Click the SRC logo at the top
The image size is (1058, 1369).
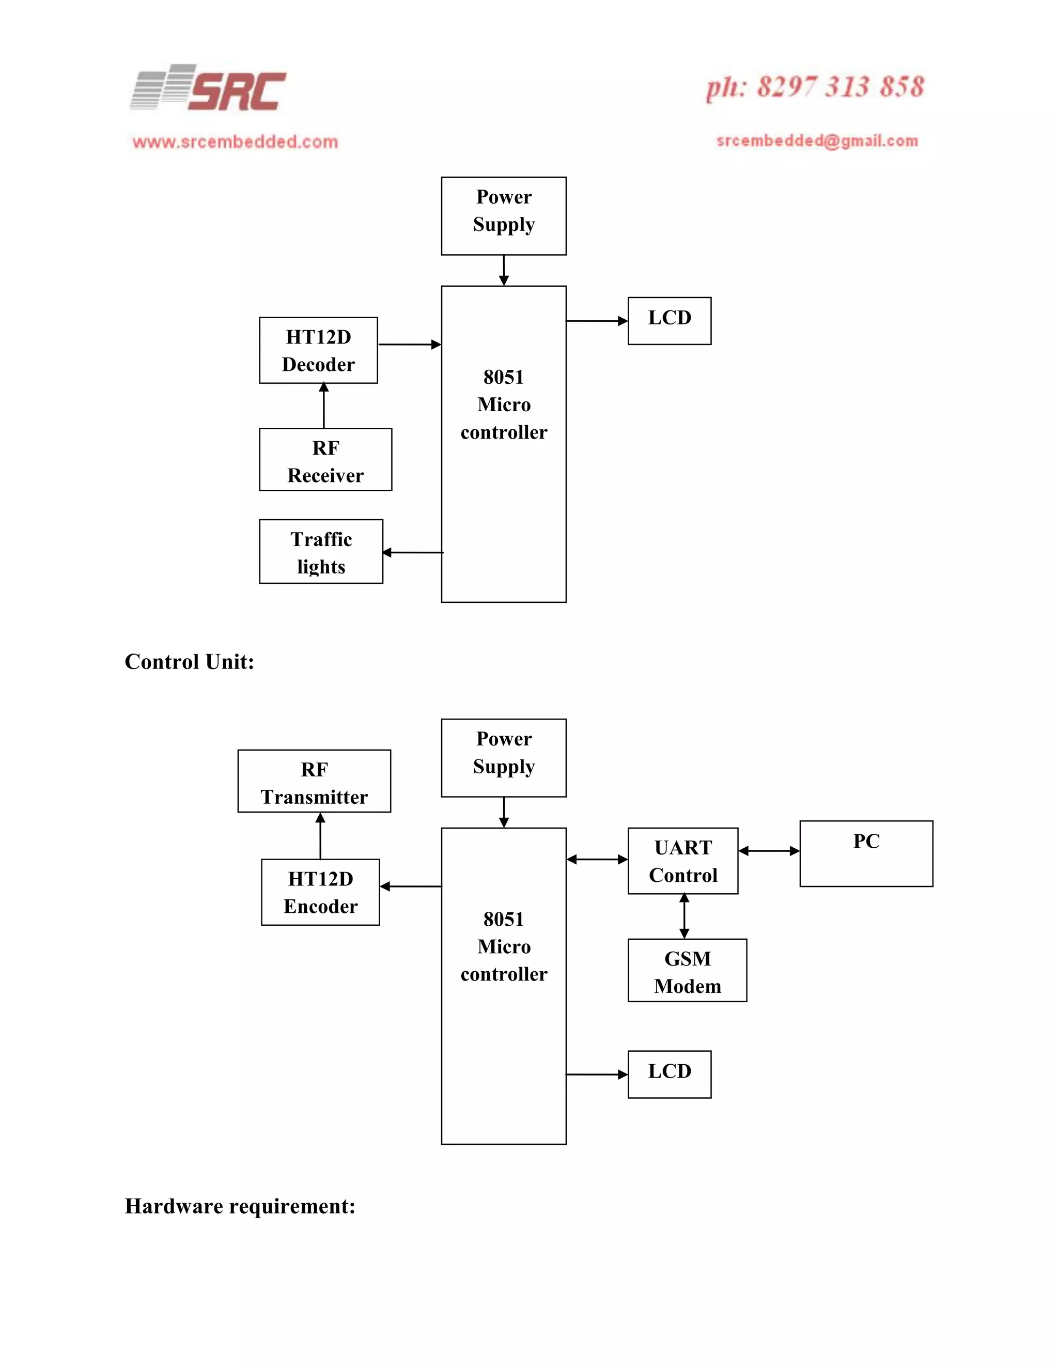click(x=209, y=88)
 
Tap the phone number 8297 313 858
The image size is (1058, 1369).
click(x=815, y=87)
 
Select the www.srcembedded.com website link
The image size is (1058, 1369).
click(x=235, y=142)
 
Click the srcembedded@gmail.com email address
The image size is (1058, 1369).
click(x=817, y=141)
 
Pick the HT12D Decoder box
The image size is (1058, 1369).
click(x=318, y=350)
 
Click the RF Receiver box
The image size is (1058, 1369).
click(x=325, y=459)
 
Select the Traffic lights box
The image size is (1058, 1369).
click(x=321, y=552)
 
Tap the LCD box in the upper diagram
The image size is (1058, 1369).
click(x=670, y=321)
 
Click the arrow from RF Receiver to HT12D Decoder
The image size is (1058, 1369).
click(x=324, y=406)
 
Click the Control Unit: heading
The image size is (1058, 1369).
click(x=189, y=662)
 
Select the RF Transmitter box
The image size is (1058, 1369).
click(x=314, y=781)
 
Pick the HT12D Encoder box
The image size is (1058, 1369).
click(x=320, y=892)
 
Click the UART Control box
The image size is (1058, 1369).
click(x=682, y=861)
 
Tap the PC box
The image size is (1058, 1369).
click(x=866, y=854)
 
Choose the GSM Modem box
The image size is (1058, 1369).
click(x=687, y=970)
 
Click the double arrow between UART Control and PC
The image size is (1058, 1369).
click(x=769, y=851)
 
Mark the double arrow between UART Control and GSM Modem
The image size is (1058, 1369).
click(x=684, y=916)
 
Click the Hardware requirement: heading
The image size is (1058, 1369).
click(x=240, y=1206)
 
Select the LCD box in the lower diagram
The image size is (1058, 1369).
click(x=670, y=1075)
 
